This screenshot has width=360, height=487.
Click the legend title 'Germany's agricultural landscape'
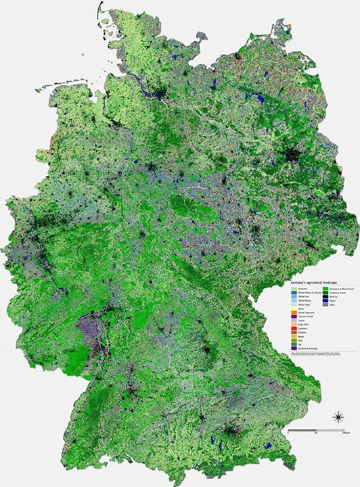point(314,283)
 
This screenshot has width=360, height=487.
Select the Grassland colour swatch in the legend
point(294,289)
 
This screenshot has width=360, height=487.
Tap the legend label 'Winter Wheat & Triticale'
point(309,293)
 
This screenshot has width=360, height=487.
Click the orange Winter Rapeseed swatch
point(294,312)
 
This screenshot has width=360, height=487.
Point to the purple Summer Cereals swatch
point(294,317)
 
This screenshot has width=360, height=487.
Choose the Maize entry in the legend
point(301,308)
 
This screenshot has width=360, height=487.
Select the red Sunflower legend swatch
point(294,328)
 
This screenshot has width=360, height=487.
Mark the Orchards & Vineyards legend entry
point(308,348)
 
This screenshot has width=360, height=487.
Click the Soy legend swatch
point(294,344)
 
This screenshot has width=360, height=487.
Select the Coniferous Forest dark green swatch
point(325,293)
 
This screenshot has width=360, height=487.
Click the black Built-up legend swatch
point(325,297)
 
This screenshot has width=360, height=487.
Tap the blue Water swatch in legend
point(325,301)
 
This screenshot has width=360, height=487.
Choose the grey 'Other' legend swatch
point(325,305)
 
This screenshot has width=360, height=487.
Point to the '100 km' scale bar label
point(345,433)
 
